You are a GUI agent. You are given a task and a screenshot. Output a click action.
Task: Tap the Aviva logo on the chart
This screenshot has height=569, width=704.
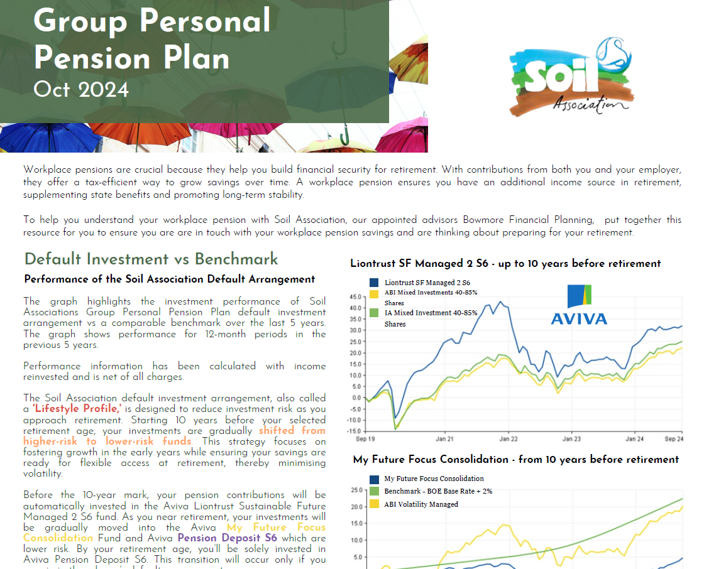(579, 305)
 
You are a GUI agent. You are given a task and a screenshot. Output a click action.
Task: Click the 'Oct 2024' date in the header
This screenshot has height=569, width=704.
(81, 89)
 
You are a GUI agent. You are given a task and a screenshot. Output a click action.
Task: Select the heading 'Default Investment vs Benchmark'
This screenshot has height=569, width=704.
(151, 259)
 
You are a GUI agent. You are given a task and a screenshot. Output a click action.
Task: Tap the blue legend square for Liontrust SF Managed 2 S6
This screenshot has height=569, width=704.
(375, 283)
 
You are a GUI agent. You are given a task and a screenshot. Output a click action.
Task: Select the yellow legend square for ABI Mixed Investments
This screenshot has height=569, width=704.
(375, 293)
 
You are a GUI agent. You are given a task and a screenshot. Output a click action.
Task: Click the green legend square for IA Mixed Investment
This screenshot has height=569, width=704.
(375, 313)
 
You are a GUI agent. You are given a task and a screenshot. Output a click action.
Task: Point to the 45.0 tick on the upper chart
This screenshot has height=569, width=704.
(355, 296)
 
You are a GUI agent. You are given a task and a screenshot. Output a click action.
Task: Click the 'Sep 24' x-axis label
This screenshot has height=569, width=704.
(673, 439)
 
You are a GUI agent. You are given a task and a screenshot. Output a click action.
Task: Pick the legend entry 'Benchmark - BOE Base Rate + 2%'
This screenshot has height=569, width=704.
(438, 491)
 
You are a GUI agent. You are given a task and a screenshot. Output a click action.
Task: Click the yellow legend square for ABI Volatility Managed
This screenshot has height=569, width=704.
(375, 504)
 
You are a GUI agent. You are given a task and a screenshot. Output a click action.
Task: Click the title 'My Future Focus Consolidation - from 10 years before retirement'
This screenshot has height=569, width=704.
(515, 460)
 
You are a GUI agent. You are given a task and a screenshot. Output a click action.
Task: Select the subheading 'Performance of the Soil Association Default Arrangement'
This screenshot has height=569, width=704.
(169, 279)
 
